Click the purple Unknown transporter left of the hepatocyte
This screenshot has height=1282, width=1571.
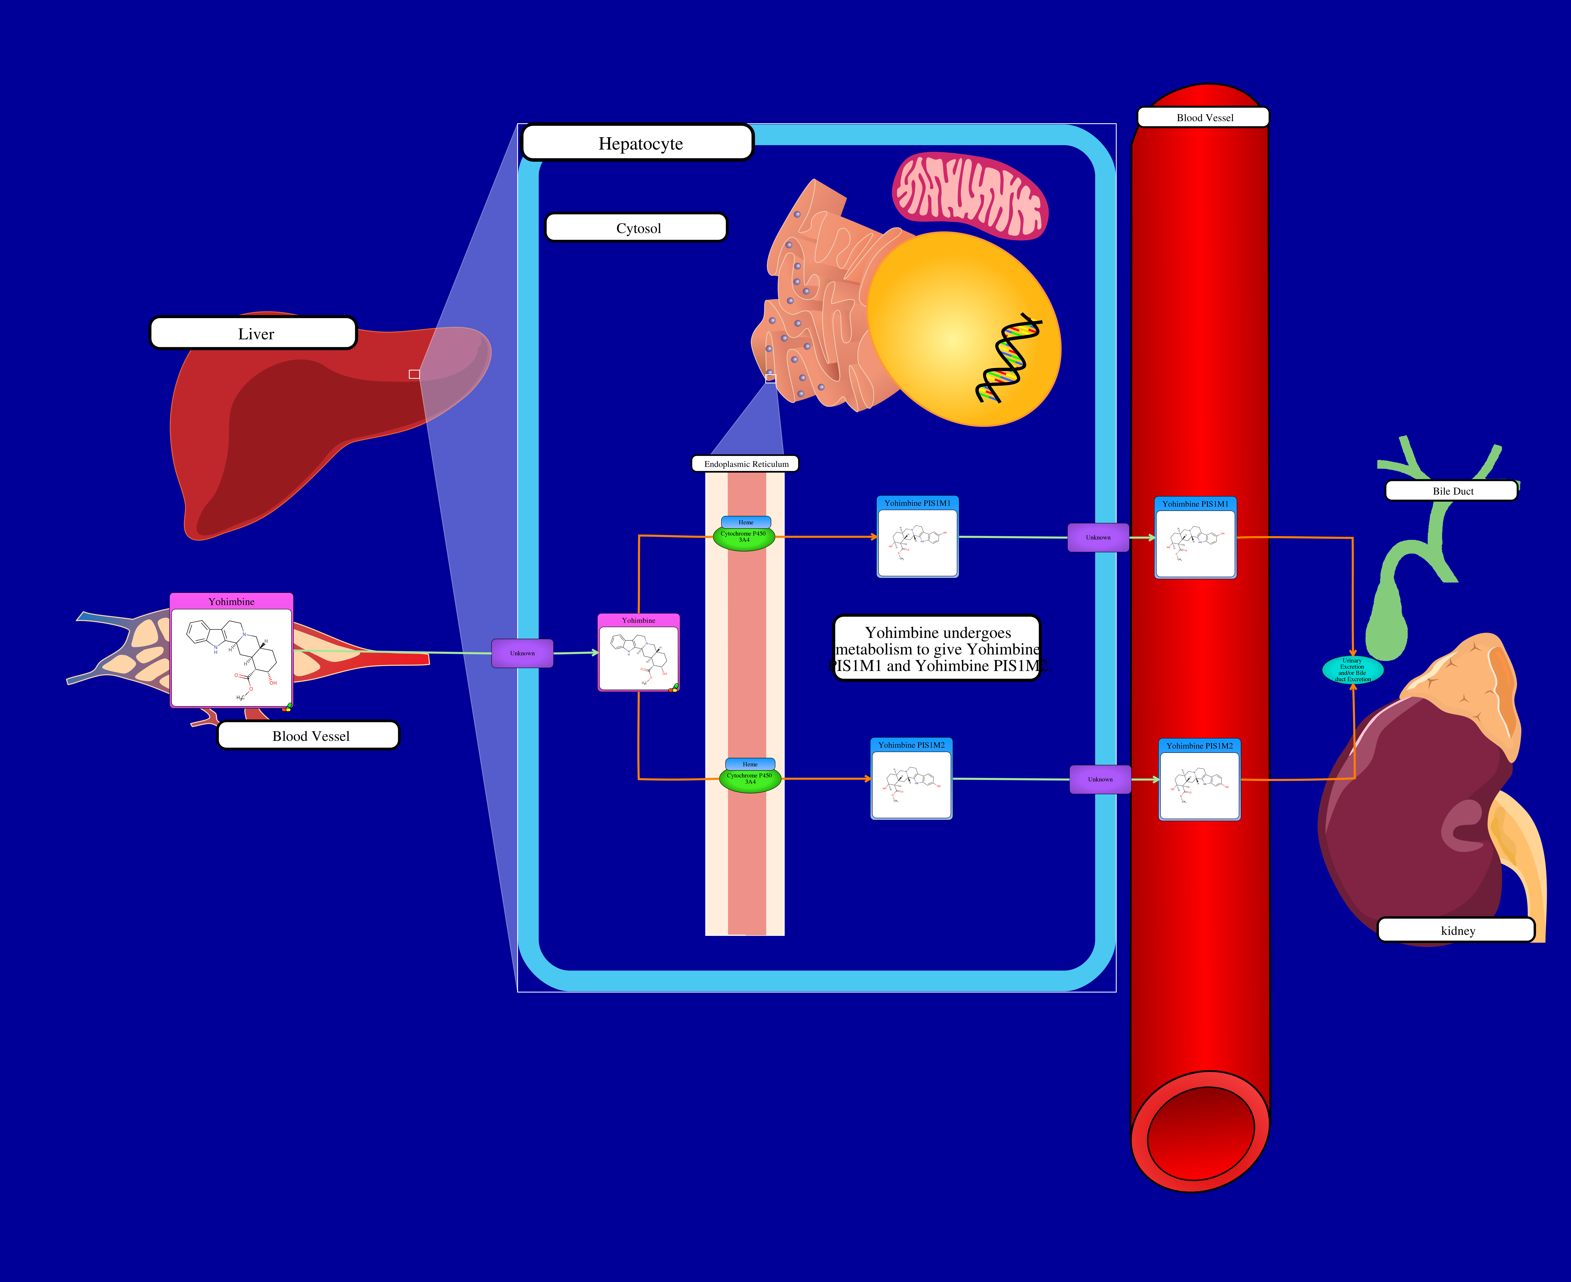pos(522,653)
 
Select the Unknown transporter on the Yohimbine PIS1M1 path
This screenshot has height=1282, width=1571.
pos(1098,538)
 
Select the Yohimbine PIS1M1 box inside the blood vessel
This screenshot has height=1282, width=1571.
pos(1195,538)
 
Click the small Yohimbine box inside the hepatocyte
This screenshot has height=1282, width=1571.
pos(638,653)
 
